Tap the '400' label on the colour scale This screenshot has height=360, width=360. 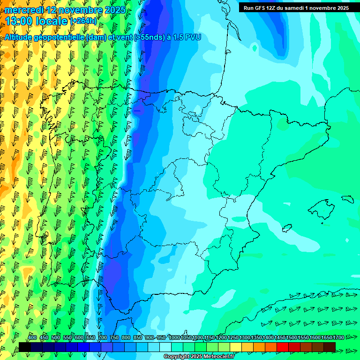tap(32, 337)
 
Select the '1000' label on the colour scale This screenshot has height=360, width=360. tap(175, 337)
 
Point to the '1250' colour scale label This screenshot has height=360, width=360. tap(233, 337)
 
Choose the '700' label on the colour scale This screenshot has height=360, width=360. tap(103, 337)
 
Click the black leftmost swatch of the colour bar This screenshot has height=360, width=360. tap(25, 347)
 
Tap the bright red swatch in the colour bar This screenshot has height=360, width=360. tap(283, 347)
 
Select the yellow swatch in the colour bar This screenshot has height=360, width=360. tap(236, 347)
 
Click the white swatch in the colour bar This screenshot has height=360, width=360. tap(165, 347)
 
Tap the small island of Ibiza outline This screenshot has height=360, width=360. tap(287, 228)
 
